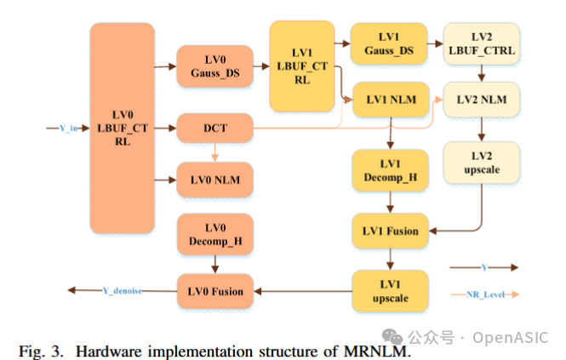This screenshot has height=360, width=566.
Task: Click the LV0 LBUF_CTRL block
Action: pos(122,128)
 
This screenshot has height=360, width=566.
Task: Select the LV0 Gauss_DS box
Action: pos(215,66)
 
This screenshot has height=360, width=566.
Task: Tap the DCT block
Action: pos(215,129)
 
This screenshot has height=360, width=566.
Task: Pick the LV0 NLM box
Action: pos(215,179)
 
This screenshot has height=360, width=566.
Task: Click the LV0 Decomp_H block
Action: pos(215,235)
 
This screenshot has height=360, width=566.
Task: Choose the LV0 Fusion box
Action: pos(215,292)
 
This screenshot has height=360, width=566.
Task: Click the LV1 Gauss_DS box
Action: pos(389,44)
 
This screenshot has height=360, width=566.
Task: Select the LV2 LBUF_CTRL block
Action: pos(481,44)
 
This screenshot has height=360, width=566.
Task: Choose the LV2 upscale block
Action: pos(481,163)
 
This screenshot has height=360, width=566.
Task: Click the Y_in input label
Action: pos(69,129)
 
